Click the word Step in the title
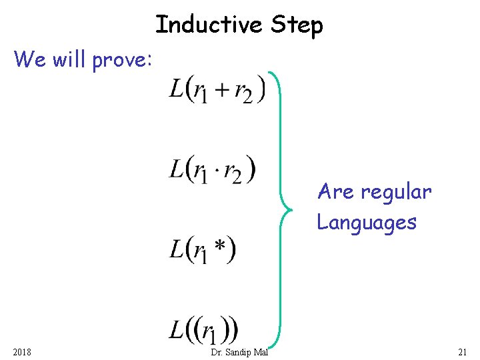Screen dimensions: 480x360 [297, 26]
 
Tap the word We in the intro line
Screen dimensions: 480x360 [29, 59]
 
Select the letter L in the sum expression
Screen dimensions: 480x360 [177, 87]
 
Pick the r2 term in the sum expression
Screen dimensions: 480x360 [243, 93]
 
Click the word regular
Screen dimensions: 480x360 [396, 193]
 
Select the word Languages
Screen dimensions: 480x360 [367, 222]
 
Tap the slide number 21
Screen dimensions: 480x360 [462, 352]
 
